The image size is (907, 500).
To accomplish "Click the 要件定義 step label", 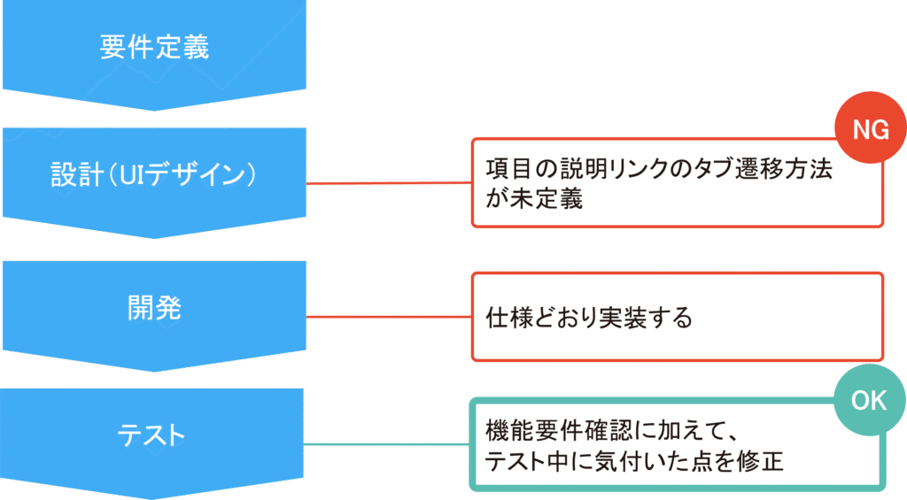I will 154,47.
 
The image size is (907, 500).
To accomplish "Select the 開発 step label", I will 154,307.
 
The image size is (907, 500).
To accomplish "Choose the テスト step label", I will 154,435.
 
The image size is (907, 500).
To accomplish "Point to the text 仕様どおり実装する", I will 589,318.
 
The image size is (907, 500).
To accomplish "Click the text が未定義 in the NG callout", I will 534,199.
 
